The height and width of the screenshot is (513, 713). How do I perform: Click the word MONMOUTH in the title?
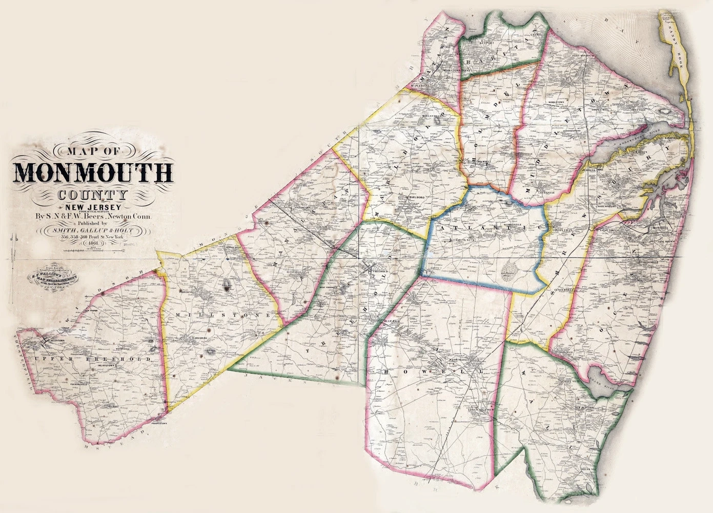tap(93, 173)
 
